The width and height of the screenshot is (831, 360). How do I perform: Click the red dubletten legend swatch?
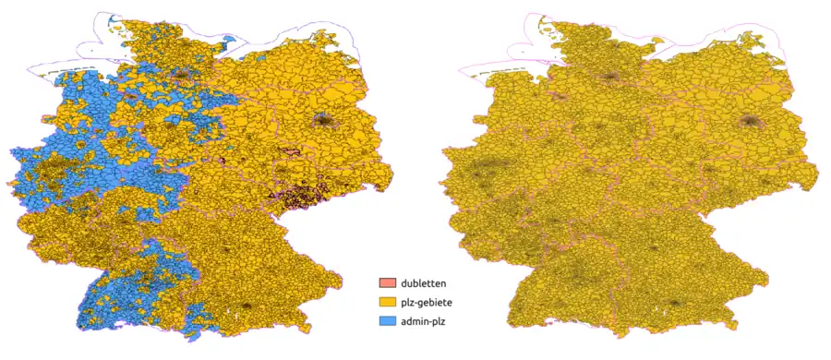point(388,282)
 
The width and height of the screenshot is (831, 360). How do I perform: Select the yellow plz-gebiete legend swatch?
point(388,302)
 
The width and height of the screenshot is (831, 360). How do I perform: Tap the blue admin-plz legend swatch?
point(388,320)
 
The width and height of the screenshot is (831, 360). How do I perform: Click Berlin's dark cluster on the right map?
point(749,121)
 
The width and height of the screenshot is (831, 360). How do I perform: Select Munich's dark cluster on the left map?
point(247,305)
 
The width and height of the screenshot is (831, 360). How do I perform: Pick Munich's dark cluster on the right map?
point(673,304)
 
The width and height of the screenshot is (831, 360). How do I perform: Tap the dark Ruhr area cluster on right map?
point(484,170)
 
